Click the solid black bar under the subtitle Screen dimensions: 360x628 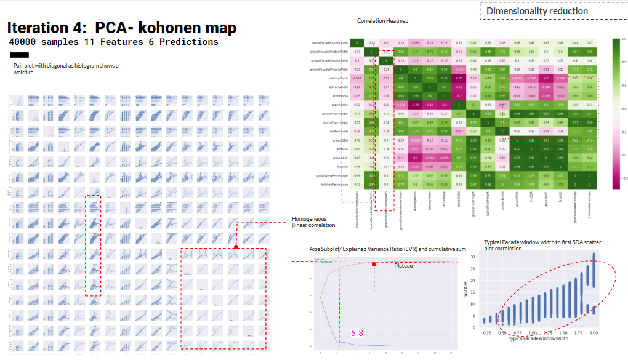[x=20, y=55]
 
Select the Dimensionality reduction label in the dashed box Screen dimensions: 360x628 [x=537, y=11]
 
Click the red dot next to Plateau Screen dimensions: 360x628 [x=374, y=264]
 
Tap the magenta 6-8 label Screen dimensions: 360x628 [x=357, y=333]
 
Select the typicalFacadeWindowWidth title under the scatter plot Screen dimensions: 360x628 [x=537, y=339]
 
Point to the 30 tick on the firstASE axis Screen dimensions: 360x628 [x=472, y=257]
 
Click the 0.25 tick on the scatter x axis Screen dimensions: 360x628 [x=488, y=332]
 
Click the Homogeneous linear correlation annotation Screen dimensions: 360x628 [x=309, y=222]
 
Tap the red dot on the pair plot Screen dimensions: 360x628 [x=236, y=247]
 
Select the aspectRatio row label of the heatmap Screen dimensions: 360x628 [x=337, y=105]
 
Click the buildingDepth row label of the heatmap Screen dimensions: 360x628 [x=337, y=78]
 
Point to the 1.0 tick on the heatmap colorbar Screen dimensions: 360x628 [x=624, y=39]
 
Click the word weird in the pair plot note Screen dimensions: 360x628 [x=22, y=73]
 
